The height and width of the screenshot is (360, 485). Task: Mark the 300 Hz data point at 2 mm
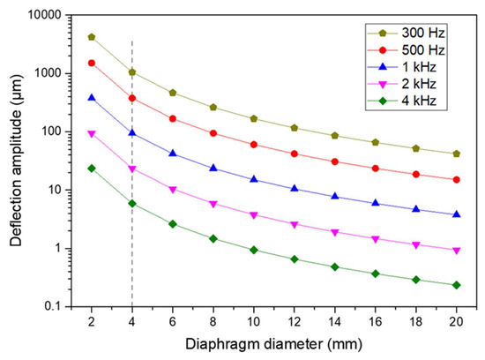[91, 37]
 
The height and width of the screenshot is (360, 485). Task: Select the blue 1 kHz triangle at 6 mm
[172, 154]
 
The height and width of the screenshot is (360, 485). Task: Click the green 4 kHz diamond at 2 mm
[91, 168]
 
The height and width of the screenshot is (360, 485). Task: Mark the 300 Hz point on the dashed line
[131, 72]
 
